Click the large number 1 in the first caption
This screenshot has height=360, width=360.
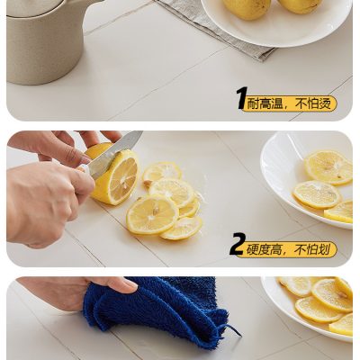coord(242,98)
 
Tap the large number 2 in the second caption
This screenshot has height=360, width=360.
coord(238,244)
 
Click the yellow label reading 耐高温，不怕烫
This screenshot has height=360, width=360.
coord(290,104)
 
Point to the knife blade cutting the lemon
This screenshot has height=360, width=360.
coord(112,156)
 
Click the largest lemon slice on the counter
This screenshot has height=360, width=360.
coord(152,214)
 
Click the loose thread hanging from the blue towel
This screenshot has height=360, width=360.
coord(231,329)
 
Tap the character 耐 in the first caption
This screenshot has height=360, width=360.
coord(254,104)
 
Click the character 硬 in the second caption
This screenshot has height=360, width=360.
coord(253,249)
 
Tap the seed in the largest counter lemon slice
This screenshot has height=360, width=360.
coord(156,211)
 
